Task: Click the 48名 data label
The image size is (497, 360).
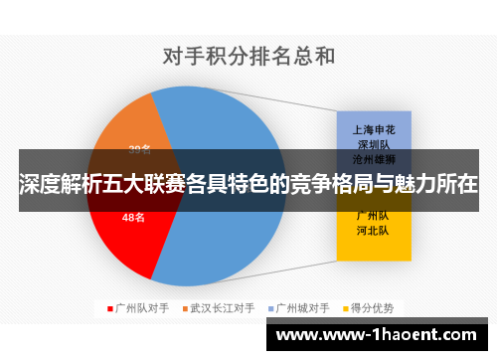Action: click(x=133, y=217)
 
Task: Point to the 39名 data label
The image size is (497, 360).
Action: click(x=139, y=150)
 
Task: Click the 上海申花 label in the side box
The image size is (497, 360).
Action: click(x=375, y=128)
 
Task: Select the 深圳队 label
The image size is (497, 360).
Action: click(x=375, y=143)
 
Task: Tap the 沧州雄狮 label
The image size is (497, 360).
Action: click(x=375, y=158)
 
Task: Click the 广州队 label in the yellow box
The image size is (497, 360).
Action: click(x=375, y=216)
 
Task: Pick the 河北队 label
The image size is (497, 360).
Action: click(x=375, y=231)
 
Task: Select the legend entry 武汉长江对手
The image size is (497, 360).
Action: click(x=222, y=308)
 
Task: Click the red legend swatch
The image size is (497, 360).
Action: click(x=109, y=308)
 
